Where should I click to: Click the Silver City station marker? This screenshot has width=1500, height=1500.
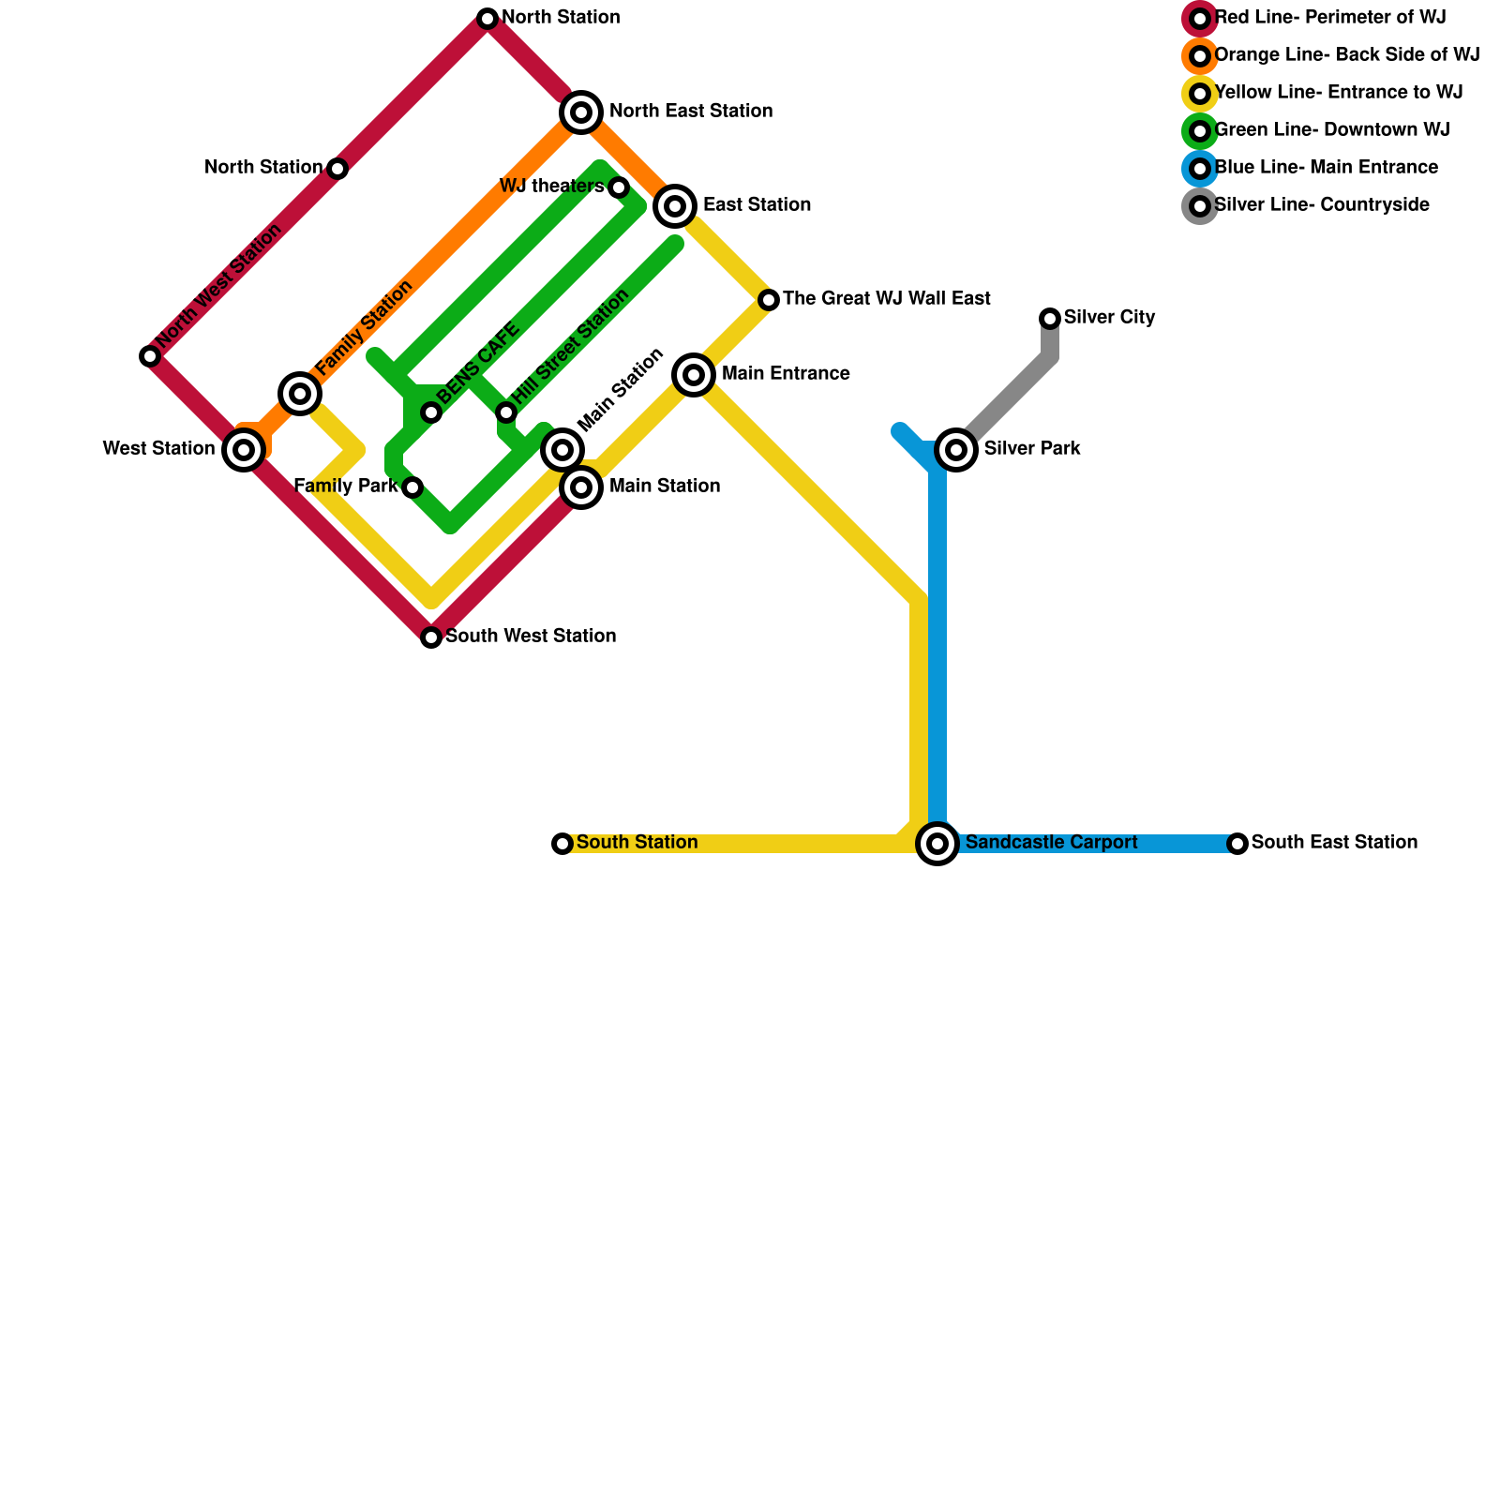tap(1050, 319)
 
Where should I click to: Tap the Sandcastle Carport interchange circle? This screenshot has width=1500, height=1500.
tap(937, 844)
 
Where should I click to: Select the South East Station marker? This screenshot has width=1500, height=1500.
tap(1237, 844)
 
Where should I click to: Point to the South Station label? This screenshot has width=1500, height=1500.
tap(637, 843)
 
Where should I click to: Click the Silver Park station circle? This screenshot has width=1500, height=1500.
tap(956, 450)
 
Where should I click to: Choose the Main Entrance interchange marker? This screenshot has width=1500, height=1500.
tap(694, 375)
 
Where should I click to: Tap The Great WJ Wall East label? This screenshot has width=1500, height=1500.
tap(886, 299)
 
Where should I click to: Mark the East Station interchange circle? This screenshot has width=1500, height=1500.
tap(675, 206)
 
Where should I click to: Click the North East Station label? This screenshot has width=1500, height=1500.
tap(690, 112)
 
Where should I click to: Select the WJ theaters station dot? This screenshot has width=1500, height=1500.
tap(619, 187)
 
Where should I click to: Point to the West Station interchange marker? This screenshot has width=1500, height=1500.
tap(244, 450)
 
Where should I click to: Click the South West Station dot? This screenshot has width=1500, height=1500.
tap(431, 637)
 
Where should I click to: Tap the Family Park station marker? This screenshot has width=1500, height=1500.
tap(412, 487)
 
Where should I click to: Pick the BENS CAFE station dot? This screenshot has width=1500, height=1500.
tap(431, 412)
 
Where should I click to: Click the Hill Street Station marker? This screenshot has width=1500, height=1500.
tap(506, 412)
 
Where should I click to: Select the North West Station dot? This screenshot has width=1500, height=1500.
tap(150, 356)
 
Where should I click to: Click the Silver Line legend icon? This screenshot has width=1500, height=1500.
tap(1200, 206)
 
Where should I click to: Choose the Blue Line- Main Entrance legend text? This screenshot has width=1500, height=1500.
tap(1326, 168)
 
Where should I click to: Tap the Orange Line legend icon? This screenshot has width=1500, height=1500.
tap(1200, 56)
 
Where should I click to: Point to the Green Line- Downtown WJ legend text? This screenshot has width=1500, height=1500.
tap(1331, 130)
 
